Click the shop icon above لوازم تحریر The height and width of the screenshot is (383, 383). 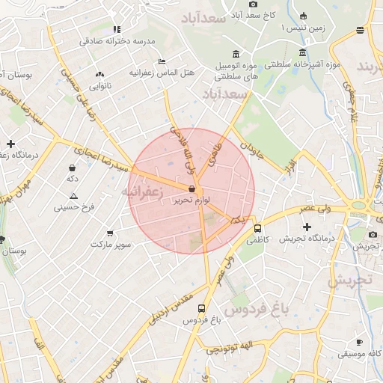coord(192,190)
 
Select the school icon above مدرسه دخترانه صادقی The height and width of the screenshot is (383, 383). coord(117,29)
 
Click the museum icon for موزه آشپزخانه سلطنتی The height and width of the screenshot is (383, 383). coord(302,53)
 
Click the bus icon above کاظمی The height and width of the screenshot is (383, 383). coord(257,228)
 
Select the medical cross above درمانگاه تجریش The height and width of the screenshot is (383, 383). coord(307,227)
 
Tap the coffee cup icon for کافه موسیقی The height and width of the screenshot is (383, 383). coord(359,341)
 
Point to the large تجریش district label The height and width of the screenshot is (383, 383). coord(348,281)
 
